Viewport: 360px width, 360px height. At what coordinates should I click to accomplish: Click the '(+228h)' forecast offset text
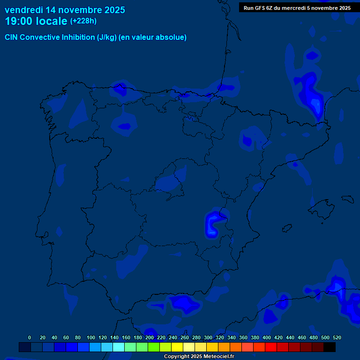83,21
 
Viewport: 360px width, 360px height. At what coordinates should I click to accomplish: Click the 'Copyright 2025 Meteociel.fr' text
199,357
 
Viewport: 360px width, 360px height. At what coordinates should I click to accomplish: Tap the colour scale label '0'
30,337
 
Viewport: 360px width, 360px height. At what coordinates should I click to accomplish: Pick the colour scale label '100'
91,337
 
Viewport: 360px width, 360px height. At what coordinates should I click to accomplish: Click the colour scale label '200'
150,337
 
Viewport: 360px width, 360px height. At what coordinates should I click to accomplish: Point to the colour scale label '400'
267,337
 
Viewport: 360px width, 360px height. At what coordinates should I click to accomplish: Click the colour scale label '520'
337,337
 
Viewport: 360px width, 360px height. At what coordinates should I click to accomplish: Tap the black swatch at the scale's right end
330,347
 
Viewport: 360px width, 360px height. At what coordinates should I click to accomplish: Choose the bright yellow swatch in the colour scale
177,347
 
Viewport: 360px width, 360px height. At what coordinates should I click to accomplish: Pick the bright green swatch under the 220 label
154,347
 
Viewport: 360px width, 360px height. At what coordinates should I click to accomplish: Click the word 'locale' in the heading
52,21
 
